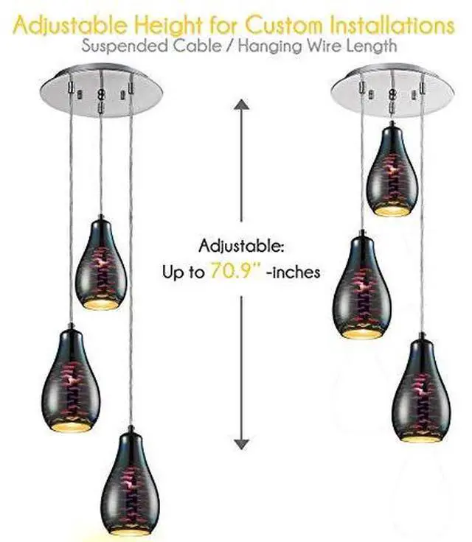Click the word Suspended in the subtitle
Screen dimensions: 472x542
point(118,46)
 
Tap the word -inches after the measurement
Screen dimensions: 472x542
point(293,272)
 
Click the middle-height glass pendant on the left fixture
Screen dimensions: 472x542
point(70,379)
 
